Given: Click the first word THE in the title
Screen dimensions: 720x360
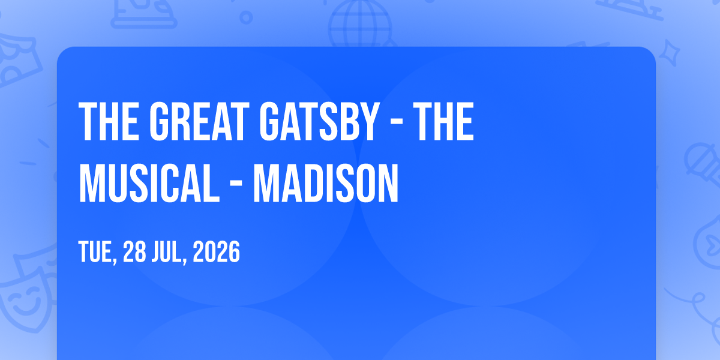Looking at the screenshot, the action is [109, 121].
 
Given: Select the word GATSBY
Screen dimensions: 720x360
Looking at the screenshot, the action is [318, 121].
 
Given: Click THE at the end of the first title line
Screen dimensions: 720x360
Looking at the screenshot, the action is [443, 121].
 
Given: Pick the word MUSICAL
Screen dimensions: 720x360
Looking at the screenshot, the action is [149, 183].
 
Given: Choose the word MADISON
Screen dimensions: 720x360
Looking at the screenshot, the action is [326, 183].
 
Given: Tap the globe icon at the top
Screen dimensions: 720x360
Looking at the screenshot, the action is [360, 24].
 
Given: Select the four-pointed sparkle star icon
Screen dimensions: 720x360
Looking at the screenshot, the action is [669, 53].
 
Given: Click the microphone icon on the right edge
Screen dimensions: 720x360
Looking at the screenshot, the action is [704, 164].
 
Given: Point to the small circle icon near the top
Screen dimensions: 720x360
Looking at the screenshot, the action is [246, 17].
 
